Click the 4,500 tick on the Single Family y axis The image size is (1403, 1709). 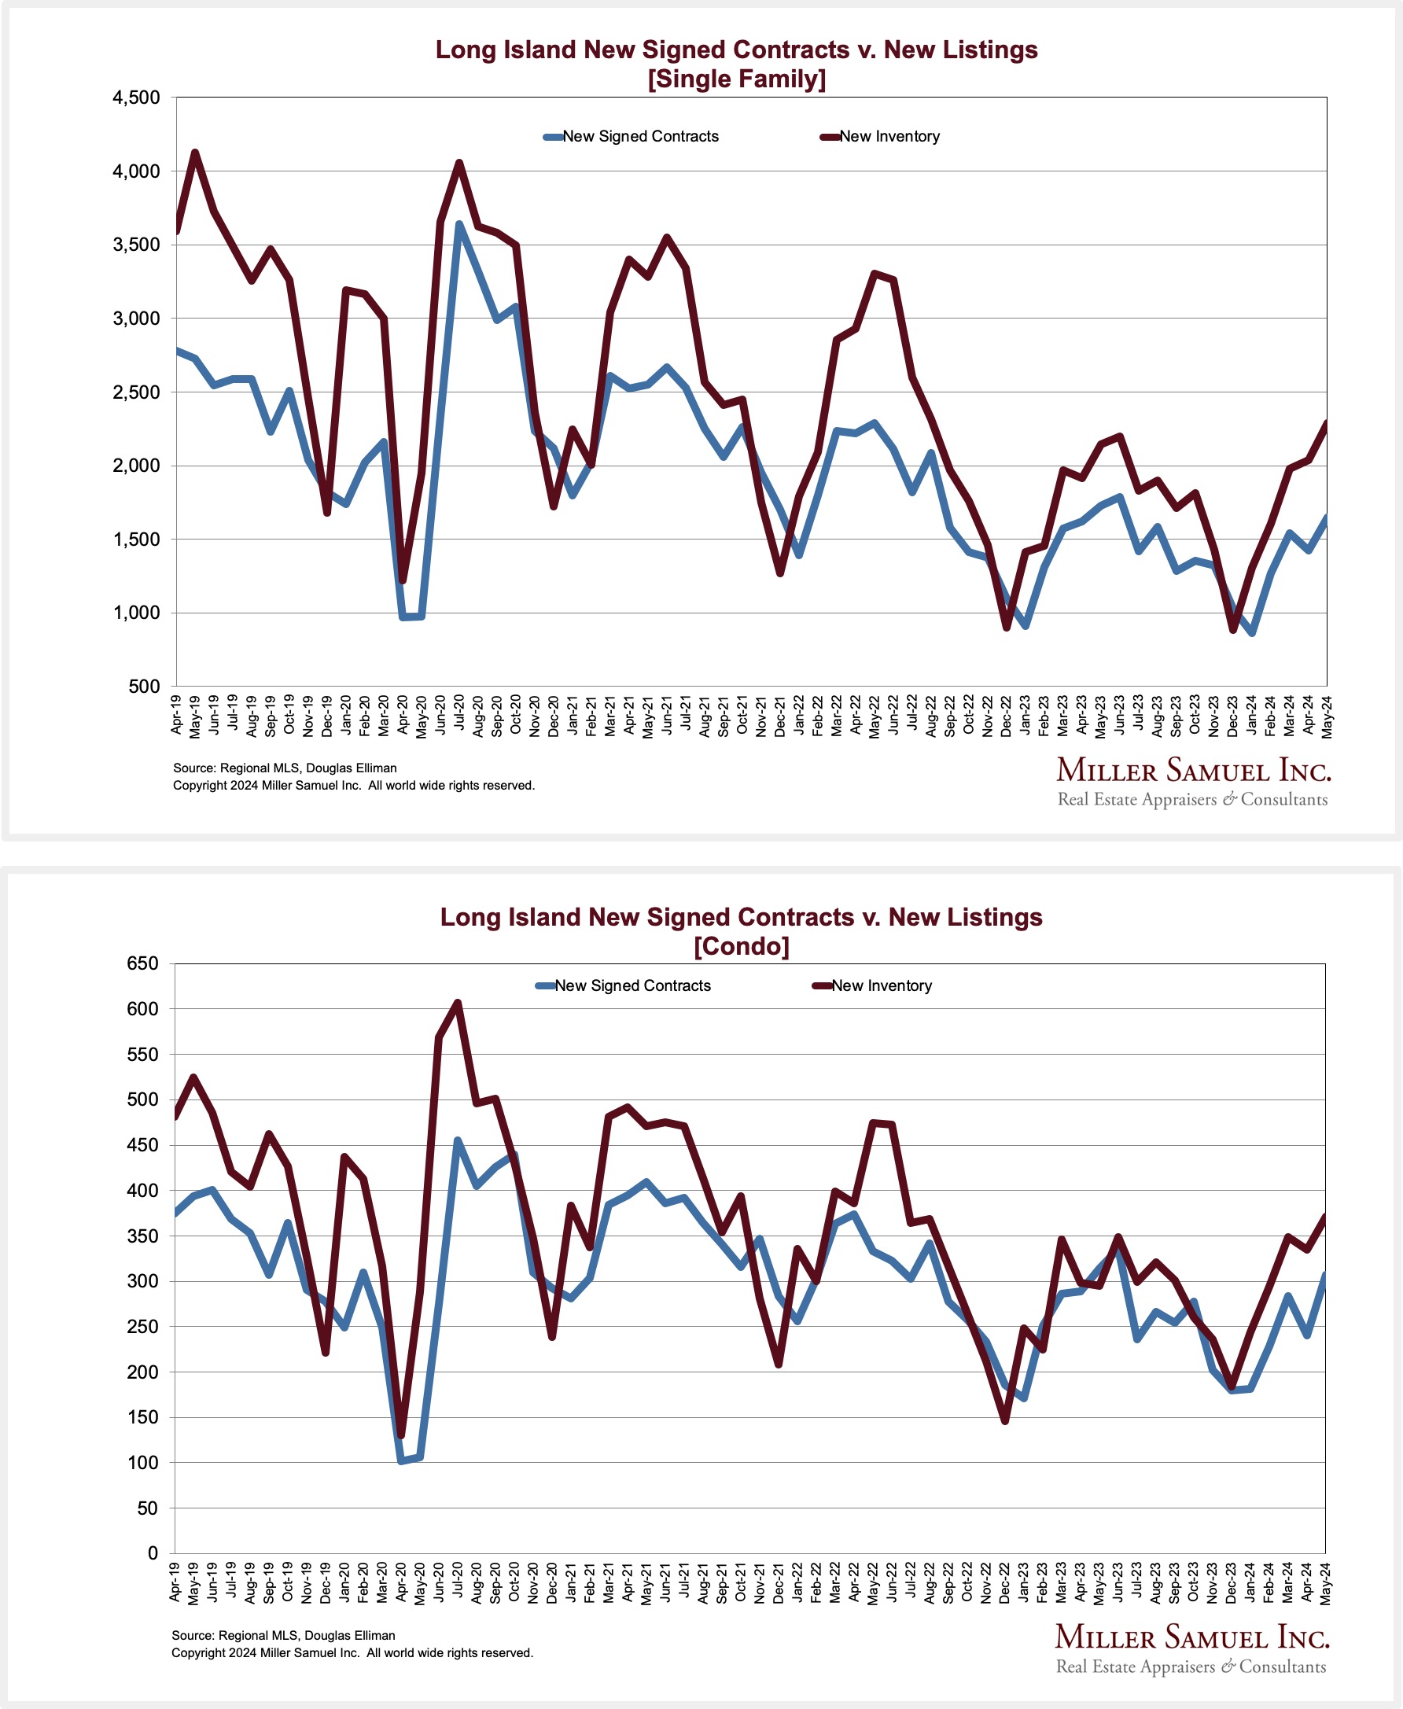[136, 98]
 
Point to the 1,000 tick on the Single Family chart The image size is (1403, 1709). [136, 613]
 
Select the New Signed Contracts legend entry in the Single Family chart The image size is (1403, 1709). [632, 137]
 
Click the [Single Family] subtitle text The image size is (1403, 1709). [736, 79]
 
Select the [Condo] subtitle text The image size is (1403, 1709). [741, 946]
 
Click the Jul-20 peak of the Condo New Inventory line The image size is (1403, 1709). [458, 1003]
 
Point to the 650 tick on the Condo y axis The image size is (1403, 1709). [142, 963]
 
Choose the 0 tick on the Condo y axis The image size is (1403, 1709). [153, 1553]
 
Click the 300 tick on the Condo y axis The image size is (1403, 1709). [142, 1280]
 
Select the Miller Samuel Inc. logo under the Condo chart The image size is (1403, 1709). [1191, 1648]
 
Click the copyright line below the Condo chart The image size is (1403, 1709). [352, 1652]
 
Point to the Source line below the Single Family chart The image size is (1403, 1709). [285, 768]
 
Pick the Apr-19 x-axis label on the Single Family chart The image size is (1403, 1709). [176, 713]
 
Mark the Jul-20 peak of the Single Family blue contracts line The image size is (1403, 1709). [458, 225]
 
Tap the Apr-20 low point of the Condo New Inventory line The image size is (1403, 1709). [401, 1435]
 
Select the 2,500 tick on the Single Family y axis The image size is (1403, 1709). [136, 392]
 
